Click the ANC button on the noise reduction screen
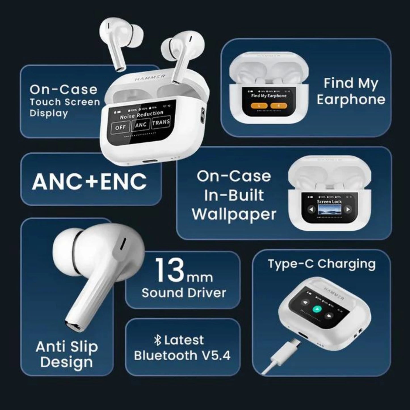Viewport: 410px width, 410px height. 141,125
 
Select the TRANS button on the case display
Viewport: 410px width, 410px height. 161,123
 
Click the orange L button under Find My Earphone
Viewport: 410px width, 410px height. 259,106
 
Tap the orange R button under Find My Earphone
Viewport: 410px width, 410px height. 278,106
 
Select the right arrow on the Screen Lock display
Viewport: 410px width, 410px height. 348,210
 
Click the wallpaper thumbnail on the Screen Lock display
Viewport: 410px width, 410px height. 329,210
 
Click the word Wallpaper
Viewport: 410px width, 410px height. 234,214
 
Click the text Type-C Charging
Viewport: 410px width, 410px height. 322,264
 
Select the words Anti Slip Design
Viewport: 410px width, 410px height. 67,354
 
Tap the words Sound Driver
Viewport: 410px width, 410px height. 184,293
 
